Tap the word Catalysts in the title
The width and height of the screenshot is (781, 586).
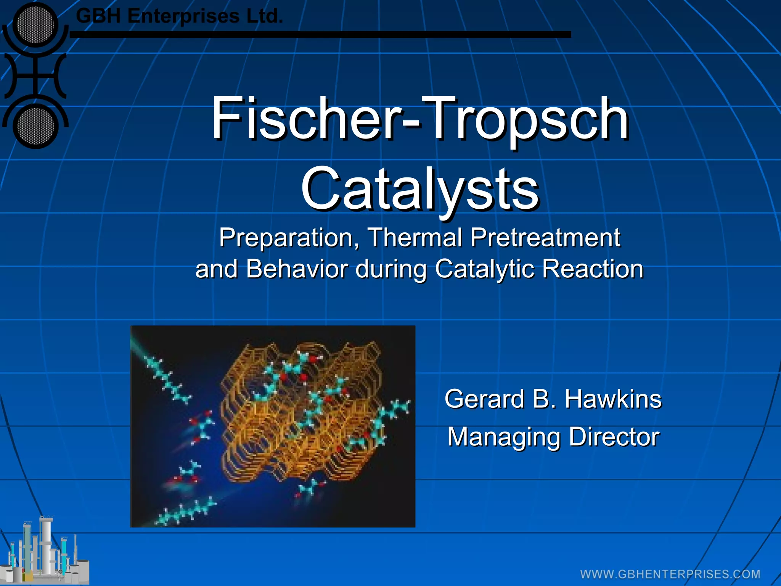(419, 189)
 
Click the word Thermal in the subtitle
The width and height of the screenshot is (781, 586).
(415, 237)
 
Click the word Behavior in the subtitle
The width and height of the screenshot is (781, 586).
(297, 269)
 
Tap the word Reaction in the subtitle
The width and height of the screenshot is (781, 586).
(593, 269)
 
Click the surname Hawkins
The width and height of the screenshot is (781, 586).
(613, 399)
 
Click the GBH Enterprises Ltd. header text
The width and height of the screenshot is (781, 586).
(179, 16)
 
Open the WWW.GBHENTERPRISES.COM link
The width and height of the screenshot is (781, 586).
(670, 574)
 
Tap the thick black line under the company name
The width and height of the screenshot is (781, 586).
(320, 34)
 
